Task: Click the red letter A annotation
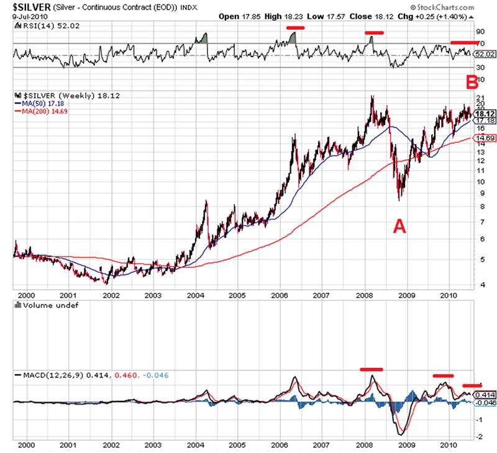399,226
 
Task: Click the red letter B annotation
472,81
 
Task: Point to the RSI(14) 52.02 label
42,25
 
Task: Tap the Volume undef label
47,307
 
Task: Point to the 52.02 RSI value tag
484,55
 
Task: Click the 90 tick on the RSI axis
479,30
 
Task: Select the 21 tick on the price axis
479,98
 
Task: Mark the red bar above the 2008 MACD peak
372,369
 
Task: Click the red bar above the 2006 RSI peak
295,28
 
